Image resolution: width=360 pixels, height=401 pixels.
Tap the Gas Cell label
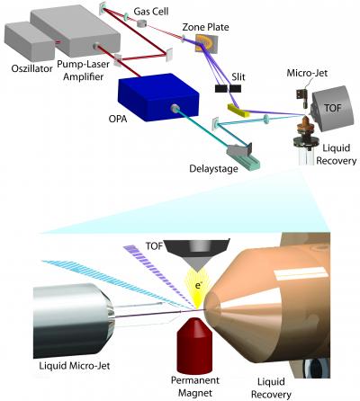point(150,7)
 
